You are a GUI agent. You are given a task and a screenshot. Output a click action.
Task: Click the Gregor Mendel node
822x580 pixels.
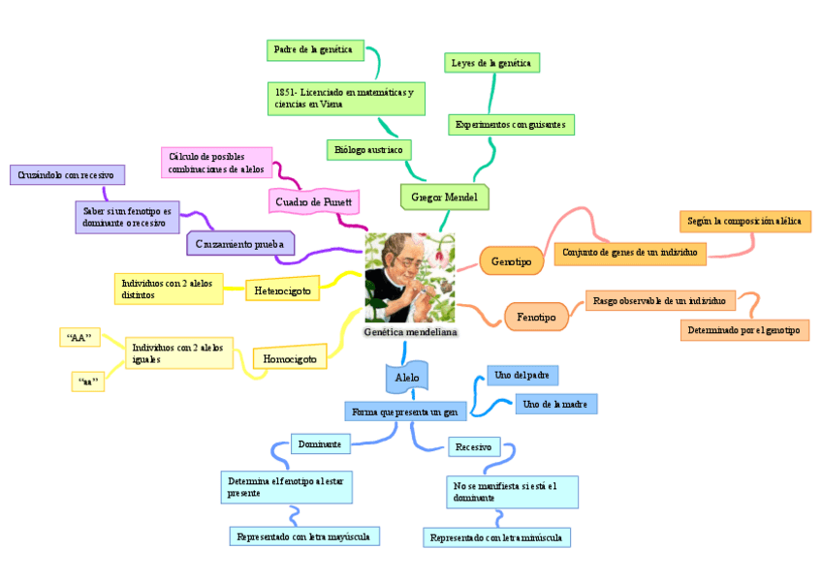pos(444,197)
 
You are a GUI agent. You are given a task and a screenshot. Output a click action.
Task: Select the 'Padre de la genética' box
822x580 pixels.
pos(314,48)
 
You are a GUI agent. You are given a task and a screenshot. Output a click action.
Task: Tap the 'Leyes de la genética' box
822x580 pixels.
pos(491,63)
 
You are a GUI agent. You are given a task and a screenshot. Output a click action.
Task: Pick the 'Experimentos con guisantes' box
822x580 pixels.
pos(512,125)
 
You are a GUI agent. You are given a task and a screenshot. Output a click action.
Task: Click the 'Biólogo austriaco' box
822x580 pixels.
pos(368,150)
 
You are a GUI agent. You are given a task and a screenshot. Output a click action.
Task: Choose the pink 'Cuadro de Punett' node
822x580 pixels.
pos(314,201)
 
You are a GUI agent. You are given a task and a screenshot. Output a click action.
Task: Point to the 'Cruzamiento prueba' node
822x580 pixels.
pos(239,244)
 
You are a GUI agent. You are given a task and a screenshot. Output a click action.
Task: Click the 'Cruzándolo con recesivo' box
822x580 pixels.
pos(67,175)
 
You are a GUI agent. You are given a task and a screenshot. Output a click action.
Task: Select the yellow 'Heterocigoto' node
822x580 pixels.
pos(283,290)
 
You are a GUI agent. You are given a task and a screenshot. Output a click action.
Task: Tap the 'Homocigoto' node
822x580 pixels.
pos(290,358)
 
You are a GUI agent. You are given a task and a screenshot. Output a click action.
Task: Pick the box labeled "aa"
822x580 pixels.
pos(86,382)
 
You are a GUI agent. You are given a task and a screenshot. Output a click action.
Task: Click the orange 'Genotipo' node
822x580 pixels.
pos(512,261)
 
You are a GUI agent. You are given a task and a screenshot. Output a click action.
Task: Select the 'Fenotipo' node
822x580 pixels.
pos(536,317)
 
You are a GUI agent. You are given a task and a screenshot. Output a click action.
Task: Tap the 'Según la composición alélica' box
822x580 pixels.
pos(744,221)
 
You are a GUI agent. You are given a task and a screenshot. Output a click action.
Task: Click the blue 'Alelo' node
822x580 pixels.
pos(406,376)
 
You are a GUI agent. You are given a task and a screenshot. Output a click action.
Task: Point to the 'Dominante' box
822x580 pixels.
pos(319,443)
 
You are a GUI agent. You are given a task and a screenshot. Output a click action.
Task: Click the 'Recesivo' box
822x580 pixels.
pos(474,446)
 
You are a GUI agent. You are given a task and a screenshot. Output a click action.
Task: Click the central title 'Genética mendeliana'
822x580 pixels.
pos(410,332)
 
